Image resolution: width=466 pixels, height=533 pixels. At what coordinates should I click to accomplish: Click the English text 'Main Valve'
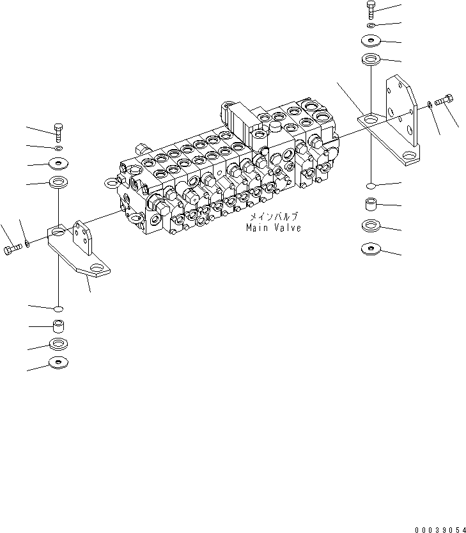coord(273,228)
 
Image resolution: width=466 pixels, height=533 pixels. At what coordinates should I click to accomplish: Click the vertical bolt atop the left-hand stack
coord(58,133)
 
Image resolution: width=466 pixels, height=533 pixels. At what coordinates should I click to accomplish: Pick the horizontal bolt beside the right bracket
coord(444,100)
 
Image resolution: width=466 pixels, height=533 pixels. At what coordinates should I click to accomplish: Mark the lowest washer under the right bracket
coord(371,248)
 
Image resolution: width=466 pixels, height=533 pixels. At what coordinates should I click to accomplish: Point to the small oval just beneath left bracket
coord(58,310)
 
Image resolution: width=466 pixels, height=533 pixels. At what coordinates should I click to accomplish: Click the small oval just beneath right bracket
coord(371,186)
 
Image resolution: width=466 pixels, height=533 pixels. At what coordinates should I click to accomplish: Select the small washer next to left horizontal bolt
coord(27,243)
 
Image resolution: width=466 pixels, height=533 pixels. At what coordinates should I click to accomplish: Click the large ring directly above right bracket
coord(371,61)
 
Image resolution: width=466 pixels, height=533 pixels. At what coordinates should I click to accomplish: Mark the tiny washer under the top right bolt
coord(371,26)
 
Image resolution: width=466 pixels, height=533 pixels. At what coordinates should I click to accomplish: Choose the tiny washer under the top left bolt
coord(58,148)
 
